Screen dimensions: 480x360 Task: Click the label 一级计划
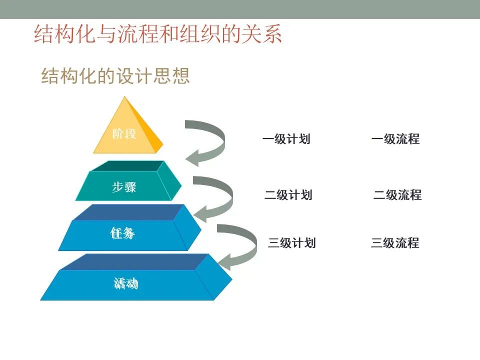click(286, 139)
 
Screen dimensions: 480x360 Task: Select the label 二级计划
click(288, 195)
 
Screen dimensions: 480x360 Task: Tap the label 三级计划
click(291, 243)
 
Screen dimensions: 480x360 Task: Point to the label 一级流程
click(395, 139)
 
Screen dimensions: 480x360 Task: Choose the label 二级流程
click(397, 195)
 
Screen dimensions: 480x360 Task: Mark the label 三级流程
click(395, 243)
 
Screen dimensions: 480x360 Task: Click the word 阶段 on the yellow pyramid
click(124, 134)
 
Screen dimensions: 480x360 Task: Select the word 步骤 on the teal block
click(124, 187)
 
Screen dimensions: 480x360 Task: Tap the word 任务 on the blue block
click(122, 233)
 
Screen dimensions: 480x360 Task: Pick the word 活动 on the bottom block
click(126, 283)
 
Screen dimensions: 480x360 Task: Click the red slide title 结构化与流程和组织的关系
click(158, 33)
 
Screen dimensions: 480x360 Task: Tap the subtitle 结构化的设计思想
click(115, 76)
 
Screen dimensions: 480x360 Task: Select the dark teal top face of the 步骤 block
click(128, 166)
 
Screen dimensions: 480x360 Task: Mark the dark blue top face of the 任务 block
click(128, 212)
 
